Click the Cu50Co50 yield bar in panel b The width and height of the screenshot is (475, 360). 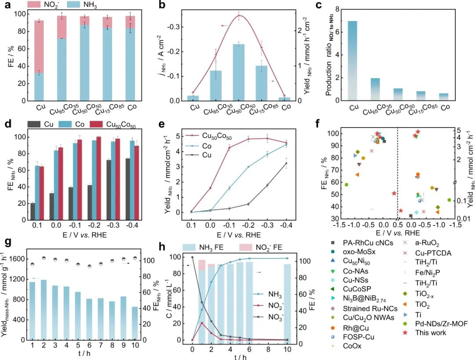(x=238, y=73)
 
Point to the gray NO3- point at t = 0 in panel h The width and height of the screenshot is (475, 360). (x=192, y=257)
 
